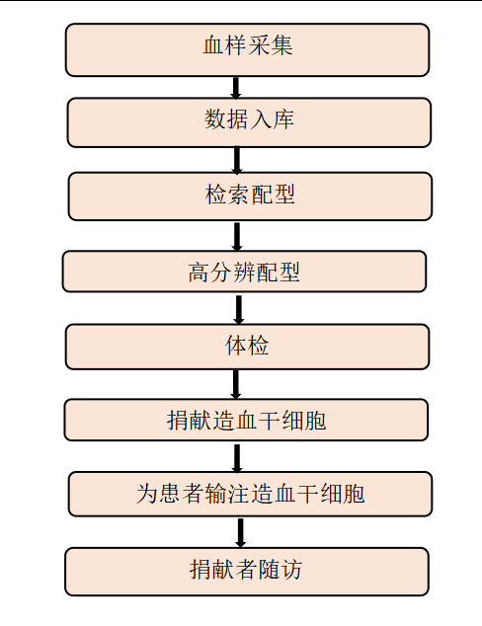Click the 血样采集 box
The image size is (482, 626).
point(247,50)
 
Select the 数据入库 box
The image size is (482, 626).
point(249,122)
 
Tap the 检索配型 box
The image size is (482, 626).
point(250,196)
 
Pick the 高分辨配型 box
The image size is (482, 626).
point(244,272)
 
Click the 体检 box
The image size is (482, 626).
point(247,347)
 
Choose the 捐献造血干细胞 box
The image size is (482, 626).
point(246,420)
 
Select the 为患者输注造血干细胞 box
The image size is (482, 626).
point(250,495)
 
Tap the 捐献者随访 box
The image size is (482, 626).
point(247,572)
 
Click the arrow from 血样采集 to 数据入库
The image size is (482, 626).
point(236,88)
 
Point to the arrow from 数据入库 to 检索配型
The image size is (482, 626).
point(237,160)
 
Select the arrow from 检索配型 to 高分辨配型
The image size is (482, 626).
point(237,236)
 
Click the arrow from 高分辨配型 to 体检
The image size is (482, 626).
point(239,309)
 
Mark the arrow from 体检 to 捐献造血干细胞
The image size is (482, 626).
point(236,384)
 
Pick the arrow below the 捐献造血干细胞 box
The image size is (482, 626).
point(237,458)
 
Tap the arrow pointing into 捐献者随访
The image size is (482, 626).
point(240,532)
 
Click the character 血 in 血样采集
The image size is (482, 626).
point(213,44)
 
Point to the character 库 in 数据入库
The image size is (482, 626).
point(283,118)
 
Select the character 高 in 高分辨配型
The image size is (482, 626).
point(199,273)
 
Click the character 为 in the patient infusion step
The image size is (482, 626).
point(146,494)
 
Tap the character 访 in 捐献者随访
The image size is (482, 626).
point(290,570)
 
